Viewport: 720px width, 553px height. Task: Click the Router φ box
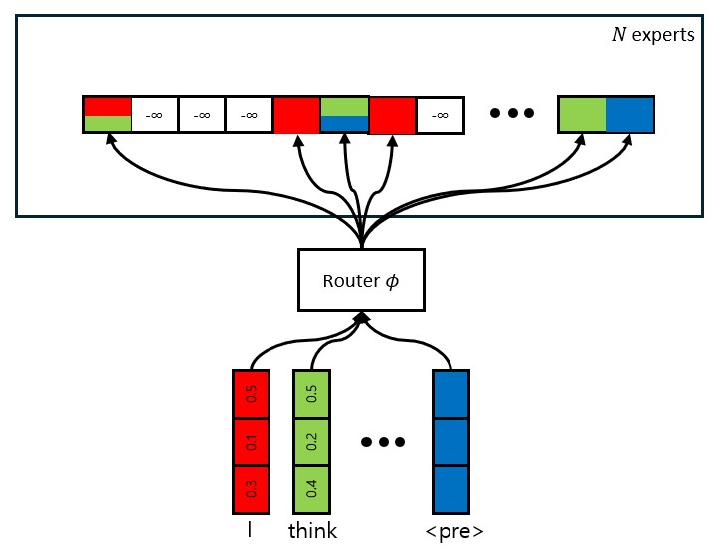360,279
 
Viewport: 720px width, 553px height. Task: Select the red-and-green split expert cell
106,115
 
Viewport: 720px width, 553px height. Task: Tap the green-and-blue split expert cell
344,115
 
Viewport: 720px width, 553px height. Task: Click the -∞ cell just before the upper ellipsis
439,115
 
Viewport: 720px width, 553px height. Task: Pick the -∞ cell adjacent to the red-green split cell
154,115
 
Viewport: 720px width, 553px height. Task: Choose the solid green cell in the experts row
582,115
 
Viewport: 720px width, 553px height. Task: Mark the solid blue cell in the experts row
630,115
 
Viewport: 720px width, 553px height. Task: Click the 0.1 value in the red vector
251,442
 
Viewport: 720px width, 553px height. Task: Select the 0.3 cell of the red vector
251,489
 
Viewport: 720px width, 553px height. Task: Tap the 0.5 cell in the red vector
251,394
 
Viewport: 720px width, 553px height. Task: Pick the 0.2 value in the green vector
311,442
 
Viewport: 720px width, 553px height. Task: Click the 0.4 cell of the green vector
311,489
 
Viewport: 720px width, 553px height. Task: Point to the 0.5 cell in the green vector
311,394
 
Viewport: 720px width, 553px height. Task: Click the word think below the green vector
312,531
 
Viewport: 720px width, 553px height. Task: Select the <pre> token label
453,531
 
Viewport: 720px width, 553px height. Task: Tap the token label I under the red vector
250,531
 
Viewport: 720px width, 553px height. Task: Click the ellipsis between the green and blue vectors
381,441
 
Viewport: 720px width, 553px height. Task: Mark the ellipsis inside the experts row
512,113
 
